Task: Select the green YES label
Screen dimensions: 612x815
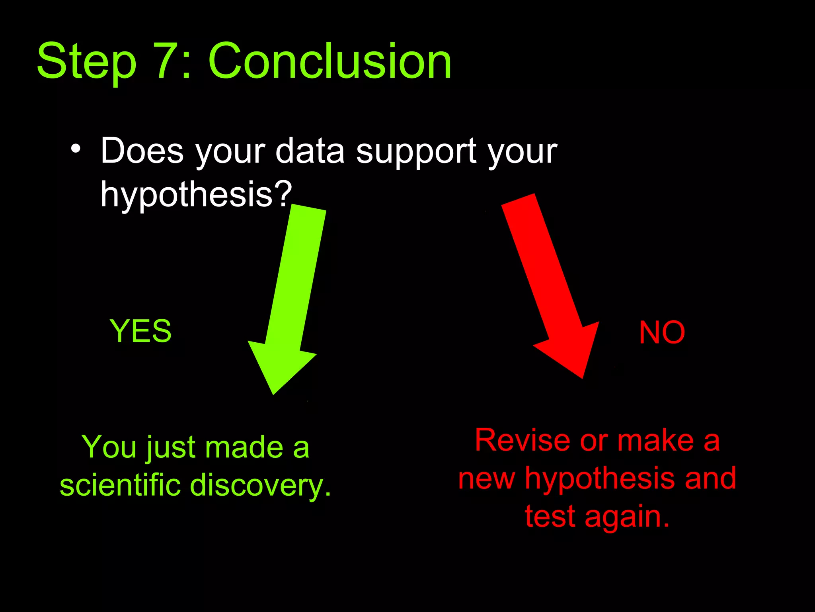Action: click(140, 331)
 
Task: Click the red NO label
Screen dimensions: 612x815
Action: click(662, 333)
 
